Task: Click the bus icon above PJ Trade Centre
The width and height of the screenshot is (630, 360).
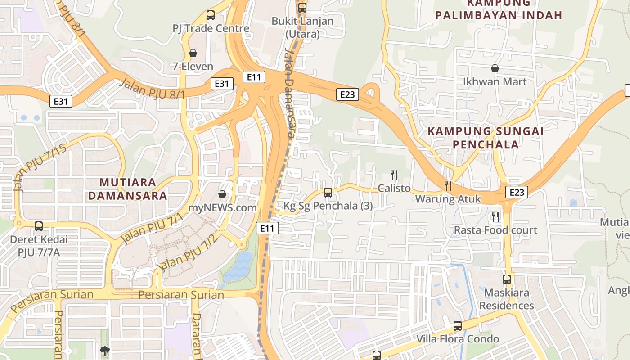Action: [x=211, y=15]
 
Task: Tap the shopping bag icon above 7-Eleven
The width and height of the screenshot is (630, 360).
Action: [x=193, y=54]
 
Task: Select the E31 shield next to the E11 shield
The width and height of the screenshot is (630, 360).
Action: [x=222, y=83]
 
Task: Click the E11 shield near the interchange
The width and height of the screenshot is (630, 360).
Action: [x=254, y=77]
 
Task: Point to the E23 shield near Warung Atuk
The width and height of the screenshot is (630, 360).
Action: [x=516, y=192]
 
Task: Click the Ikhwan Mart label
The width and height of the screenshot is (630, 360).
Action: [x=495, y=82]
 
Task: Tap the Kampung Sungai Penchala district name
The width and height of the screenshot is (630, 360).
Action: [x=486, y=138]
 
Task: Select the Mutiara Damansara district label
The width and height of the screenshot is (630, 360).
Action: [x=128, y=189]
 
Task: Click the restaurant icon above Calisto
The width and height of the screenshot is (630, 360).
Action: [x=394, y=175]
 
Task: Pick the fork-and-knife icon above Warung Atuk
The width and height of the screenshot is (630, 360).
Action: [x=448, y=185]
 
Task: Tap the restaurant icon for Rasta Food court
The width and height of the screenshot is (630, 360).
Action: [x=495, y=217]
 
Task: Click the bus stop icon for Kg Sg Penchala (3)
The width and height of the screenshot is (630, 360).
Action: [x=328, y=193]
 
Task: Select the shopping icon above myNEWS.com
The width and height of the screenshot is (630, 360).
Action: [x=222, y=194]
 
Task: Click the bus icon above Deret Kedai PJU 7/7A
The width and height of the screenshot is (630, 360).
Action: [x=39, y=226]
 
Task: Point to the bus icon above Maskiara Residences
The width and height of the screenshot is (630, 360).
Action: [x=507, y=279]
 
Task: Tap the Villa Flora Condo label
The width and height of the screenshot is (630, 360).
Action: [x=458, y=338]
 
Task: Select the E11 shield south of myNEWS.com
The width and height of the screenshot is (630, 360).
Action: [x=267, y=228]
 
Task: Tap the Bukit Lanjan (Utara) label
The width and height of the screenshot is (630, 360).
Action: [x=302, y=27]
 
